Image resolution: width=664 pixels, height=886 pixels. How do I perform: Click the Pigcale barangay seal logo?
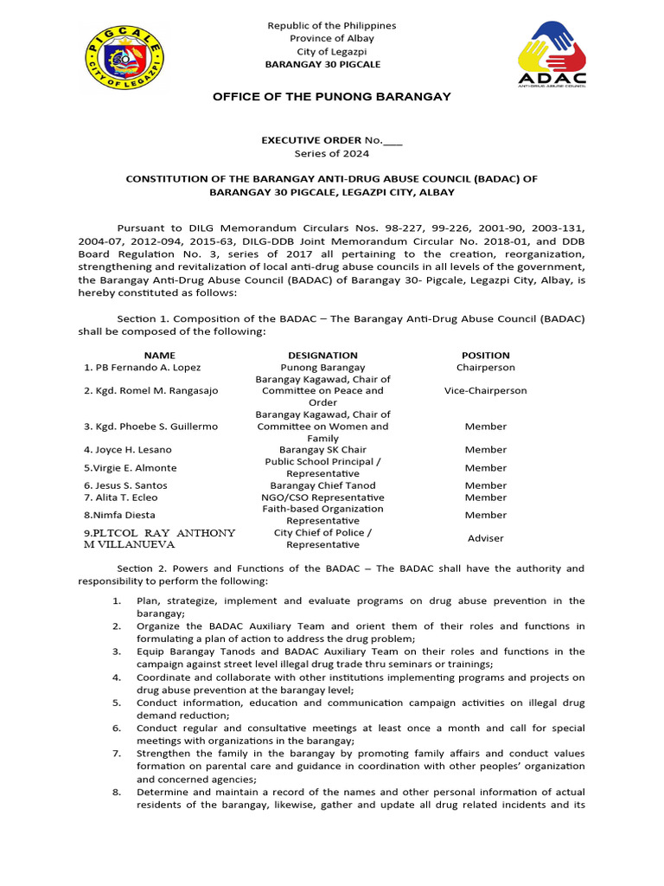(125, 58)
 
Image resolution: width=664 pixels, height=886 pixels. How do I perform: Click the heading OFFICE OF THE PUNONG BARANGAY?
(332, 96)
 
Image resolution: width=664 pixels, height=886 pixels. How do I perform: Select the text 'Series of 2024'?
(332, 154)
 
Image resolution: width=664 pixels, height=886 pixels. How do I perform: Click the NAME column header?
(159, 355)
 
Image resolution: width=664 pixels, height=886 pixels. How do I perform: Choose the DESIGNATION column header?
(322, 355)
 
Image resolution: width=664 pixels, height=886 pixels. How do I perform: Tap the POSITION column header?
(485, 355)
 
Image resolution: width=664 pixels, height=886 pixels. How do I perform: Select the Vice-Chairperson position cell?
(485, 391)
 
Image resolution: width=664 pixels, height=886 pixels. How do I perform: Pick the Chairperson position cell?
(485, 368)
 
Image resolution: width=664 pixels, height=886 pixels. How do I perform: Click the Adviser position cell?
(485, 538)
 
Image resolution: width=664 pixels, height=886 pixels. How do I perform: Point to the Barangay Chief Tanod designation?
(322, 486)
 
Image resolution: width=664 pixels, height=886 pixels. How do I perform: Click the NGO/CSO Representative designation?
(322, 498)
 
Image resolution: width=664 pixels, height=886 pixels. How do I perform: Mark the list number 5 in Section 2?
(117, 703)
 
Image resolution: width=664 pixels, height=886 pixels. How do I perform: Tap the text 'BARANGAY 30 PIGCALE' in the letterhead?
(322, 65)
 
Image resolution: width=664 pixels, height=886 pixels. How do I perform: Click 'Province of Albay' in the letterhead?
(332, 39)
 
